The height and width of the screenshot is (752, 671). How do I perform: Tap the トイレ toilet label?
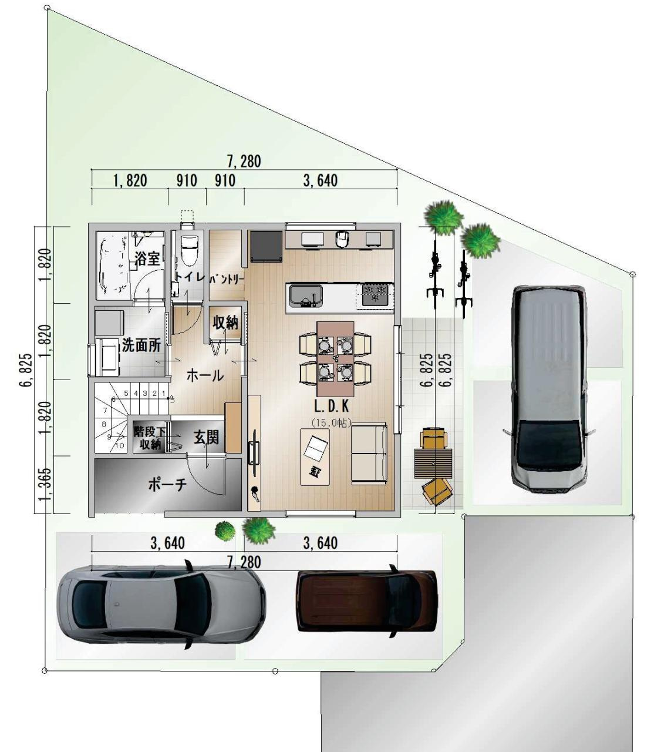[x=190, y=276]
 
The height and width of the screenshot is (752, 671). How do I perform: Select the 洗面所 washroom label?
[x=141, y=345]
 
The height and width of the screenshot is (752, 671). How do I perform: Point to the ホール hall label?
[x=204, y=375]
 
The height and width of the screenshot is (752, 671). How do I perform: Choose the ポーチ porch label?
[x=167, y=485]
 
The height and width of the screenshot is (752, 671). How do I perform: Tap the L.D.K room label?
[x=332, y=406]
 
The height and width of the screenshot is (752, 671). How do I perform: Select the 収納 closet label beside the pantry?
[x=225, y=322]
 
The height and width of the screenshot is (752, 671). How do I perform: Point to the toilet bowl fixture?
[x=190, y=250]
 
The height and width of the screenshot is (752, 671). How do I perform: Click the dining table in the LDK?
[x=335, y=358]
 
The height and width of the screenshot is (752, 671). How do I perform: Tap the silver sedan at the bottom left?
[x=161, y=605]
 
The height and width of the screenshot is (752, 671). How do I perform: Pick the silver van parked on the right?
[x=548, y=388]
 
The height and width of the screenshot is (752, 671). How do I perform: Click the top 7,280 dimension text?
[x=244, y=161]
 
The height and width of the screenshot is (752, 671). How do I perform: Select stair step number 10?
[x=119, y=446]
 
